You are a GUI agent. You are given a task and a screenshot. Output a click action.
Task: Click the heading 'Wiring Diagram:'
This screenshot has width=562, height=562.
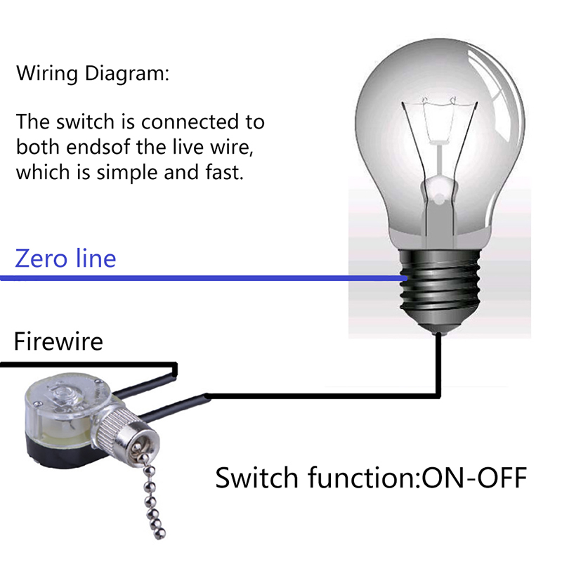pyautogui.click(x=93, y=74)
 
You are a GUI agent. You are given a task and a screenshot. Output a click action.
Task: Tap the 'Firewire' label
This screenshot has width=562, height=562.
pyautogui.click(x=58, y=341)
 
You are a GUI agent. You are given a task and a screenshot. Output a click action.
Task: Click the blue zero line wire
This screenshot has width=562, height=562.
pyautogui.click(x=211, y=279)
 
